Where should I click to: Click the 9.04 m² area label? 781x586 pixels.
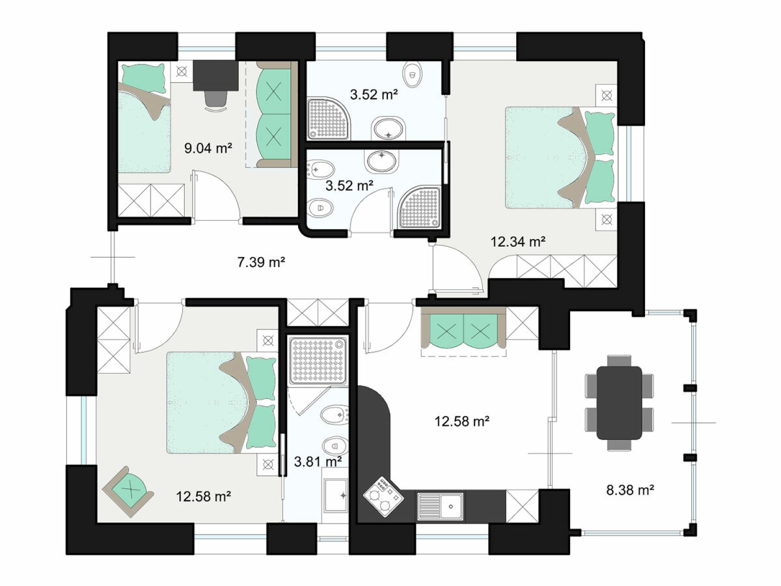tap(208, 148)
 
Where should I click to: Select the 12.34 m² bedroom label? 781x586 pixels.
tap(517, 242)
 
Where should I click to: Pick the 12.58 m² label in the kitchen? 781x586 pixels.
tap(462, 421)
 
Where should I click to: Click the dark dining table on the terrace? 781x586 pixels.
tap(619, 402)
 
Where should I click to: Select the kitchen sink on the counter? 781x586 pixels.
tap(441, 506)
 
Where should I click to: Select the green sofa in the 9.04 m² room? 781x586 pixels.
tap(273, 114)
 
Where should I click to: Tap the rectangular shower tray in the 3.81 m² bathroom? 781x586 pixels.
tap(318, 359)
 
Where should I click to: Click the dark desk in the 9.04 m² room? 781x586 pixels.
tap(215, 75)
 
